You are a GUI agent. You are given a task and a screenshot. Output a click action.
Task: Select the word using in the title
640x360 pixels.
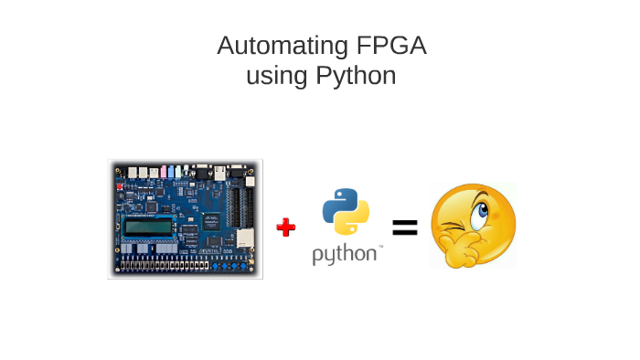coord(276,75)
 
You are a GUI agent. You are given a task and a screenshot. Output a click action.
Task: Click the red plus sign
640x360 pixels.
coord(286,228)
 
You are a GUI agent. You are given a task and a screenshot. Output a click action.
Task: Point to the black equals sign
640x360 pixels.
coord(404,228)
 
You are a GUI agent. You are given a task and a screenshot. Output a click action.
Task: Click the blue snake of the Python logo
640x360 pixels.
coord(338,203)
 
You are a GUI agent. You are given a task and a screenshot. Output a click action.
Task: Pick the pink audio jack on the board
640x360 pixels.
coord(164,172)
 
